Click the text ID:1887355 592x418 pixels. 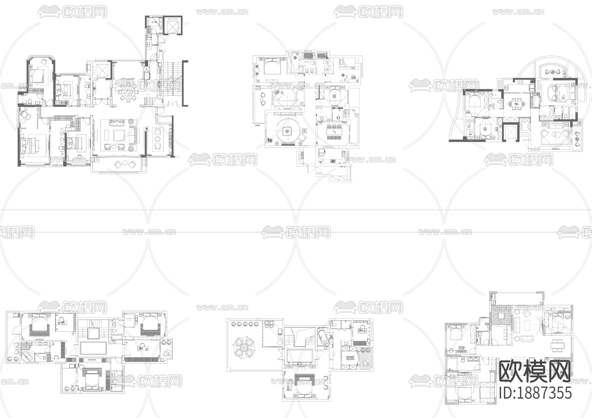[x=535, y=393]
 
